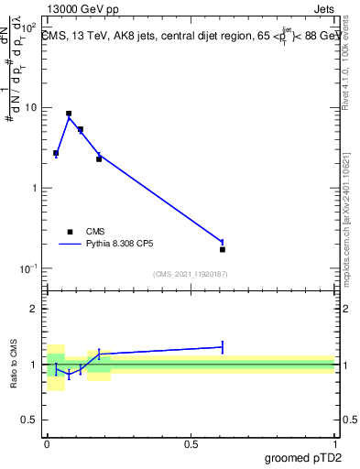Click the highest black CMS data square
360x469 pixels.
click(69, 114)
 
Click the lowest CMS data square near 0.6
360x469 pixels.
click(223, 249)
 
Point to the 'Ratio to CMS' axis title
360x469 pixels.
click(14, 365)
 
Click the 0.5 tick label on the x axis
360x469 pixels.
click(191, 443)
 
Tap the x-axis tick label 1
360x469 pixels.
click(335, 443)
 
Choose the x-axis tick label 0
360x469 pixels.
click(47, 443)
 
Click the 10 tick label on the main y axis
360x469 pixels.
click(32, 108)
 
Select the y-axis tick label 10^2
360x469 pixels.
click(29, 27)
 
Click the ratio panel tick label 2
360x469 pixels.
click(37, 309)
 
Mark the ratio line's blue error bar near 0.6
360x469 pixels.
click(223, 346)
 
